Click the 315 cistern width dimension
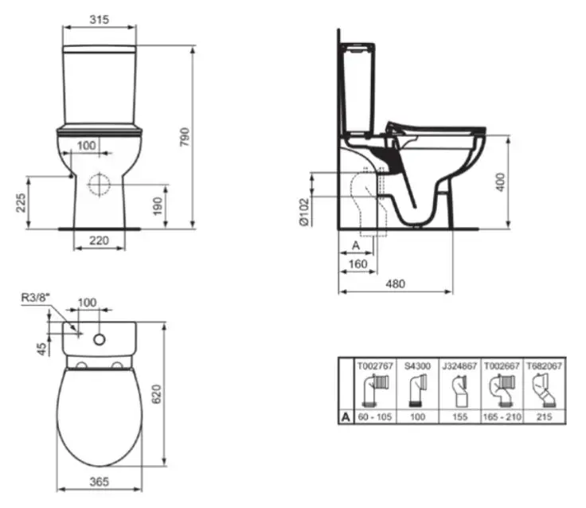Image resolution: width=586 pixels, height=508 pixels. (x=99, y=19)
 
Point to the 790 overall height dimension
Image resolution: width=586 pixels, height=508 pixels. (x=185, y=137)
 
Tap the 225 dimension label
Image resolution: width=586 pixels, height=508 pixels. (x=21, y=202)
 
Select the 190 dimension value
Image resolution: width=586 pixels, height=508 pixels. (x=158, y=206)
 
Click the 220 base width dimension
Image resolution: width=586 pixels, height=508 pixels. (x=99, y=240)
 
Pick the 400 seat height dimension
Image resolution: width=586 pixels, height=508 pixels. (x=501, y=182)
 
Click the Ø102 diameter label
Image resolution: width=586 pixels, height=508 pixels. (x=305, y=212)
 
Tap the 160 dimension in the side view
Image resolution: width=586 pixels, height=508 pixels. (x=357, y=264)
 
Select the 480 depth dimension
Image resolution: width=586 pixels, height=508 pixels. (x=396, y=283)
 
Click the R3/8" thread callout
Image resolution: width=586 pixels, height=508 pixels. (x=36, y=298)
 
